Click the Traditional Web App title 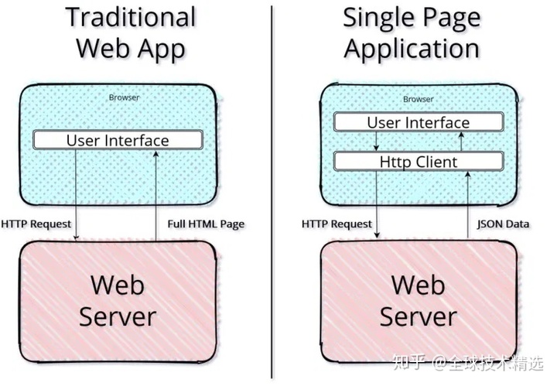130,32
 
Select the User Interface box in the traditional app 118,140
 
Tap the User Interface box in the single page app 418,122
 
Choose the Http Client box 418,162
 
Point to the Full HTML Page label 206,224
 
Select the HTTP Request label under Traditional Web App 36,224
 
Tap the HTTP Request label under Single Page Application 337,224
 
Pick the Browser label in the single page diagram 419,99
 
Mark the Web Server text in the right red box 419,299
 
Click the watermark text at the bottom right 467,361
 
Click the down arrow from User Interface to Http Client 376,141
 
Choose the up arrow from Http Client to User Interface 462,142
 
